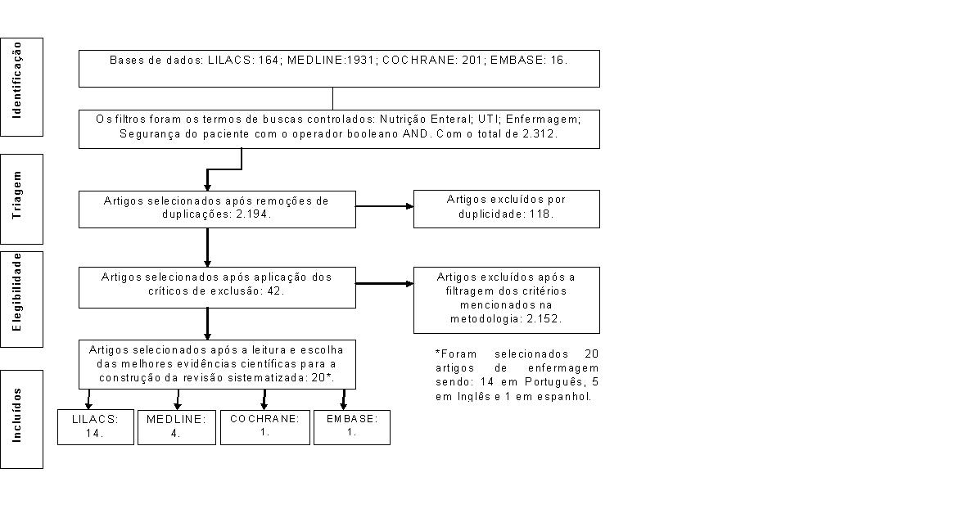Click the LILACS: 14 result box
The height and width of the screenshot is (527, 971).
coord(95,426)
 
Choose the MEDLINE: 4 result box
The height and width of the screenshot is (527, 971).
coord(177,426)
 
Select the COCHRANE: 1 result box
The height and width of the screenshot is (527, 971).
coord(265,426)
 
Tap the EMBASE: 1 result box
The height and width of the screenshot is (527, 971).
coord(352,426)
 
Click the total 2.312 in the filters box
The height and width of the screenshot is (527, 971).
coord(539,133)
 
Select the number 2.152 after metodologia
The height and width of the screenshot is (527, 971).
coord(543,319)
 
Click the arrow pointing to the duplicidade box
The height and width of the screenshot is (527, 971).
coord(385,206)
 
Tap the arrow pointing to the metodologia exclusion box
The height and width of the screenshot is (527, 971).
coord(385,284)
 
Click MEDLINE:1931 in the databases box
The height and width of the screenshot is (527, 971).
coord(332,60)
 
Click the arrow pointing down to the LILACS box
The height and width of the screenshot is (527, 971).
coord(88,399)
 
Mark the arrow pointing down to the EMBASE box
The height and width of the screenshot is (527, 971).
coord(344,399)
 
